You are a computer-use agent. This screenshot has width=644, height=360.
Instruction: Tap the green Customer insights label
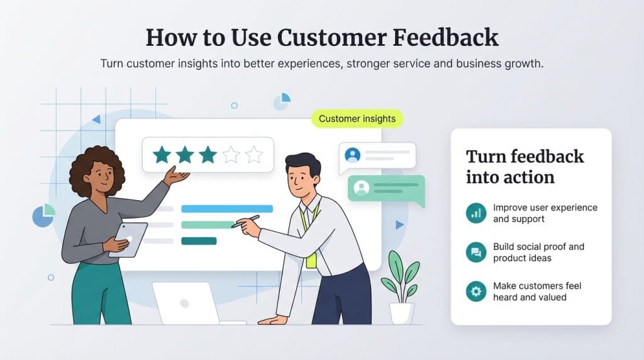click(x=357, y=118)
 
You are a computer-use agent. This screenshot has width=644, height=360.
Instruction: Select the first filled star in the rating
click(x=162, y=155)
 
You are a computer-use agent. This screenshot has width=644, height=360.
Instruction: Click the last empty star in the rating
click(x=255, y=155)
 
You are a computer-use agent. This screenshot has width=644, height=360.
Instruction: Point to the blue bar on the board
click(x=226, y=208)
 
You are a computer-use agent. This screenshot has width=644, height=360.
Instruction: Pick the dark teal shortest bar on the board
click(x=198, y=240)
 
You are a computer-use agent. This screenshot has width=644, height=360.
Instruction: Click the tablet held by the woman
click(x=128, y=239)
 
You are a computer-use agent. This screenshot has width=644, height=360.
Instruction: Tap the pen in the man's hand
click(x=246, y=221)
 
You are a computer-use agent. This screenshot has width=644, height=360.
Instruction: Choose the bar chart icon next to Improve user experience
click(x=476, y=213)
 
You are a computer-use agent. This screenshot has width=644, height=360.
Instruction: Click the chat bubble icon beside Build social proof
click(x=476, y=252)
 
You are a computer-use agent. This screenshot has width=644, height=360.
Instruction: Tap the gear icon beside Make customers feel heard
click(x=476, y=291)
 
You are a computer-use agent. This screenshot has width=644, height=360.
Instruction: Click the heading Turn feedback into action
click(x=525, y=167)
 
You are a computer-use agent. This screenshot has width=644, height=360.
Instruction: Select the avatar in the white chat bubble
click(x=352, y=154)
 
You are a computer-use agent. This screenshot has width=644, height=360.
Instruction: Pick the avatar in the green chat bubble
click(x=361, y=187)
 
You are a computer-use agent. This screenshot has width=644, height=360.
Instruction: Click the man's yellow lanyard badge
click(x=311, y=259)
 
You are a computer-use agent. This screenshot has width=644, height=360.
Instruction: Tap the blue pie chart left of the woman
click(x=43, y=216)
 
